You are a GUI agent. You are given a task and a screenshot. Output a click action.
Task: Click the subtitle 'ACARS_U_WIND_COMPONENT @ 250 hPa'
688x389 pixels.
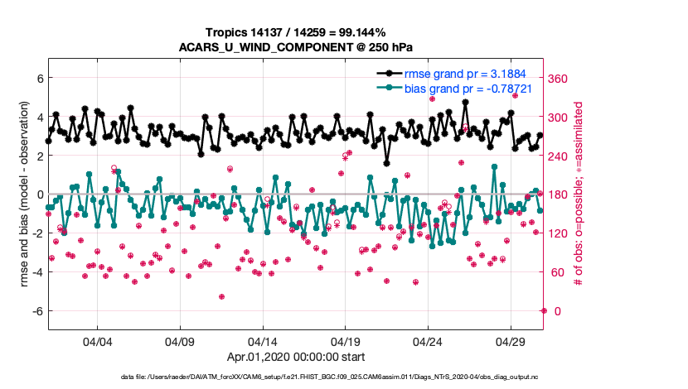[x=296, y=46]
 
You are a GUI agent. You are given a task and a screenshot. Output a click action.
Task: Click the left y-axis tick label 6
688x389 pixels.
[x=38, y=78]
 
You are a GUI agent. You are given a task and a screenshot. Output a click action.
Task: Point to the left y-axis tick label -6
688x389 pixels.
[x=36, y=311]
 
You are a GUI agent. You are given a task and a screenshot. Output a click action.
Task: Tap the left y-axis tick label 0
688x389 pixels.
[x=38, y=194]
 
